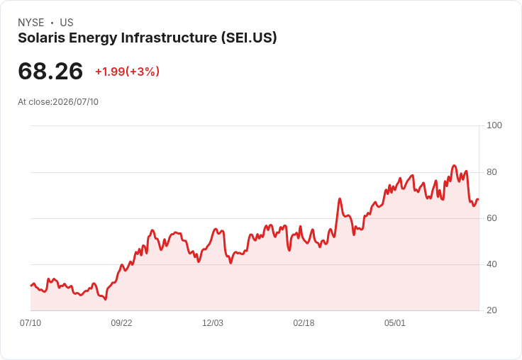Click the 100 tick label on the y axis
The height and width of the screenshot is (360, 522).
click(x=494, y=125)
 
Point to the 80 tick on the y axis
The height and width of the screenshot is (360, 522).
click(x=492, y=172)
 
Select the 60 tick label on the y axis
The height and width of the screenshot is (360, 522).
click(x=492, y=218)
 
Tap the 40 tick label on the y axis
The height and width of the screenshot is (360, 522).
click(x=492, y=264)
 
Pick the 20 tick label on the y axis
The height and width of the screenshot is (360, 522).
click(x=492, y=310)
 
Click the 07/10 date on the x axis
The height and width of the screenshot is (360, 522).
click(x=30, y=323)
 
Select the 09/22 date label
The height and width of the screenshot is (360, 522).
click(x=121, y=323)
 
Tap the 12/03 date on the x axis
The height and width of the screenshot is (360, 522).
click(x=213, y=323)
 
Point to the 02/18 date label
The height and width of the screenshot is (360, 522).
click(x=304, y=323)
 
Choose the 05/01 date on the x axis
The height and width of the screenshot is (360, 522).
click(x=395, y=323)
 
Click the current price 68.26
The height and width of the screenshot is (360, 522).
click(x=50, y=71)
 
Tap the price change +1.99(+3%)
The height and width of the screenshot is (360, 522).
click(x=127, y=72)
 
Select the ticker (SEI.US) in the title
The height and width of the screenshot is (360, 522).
click(x=249, y=38)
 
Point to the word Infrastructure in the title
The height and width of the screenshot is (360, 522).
click(x=169, y=38)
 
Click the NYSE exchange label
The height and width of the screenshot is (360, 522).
click(x=31, y=23)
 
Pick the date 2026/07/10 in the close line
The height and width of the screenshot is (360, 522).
click(x=76, y=102)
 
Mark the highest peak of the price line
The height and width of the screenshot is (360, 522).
click(x=454, y=165)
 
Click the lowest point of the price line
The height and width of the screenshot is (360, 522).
click(x=105, y=300)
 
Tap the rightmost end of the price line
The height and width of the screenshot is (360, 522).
click(x=479, y=199)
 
